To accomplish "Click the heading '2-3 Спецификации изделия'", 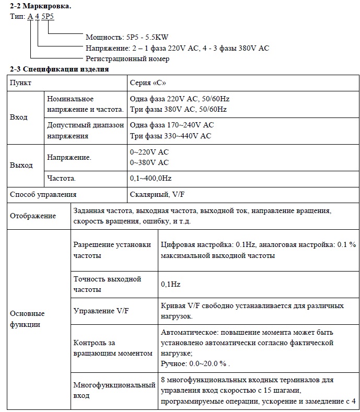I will click(60, 69).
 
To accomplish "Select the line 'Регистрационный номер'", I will click(127, 58).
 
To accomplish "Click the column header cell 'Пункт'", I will click(21, 83).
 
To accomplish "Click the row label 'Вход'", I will click(19, 117).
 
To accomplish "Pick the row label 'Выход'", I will click(21, 165).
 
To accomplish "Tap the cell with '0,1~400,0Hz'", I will click(150, 178).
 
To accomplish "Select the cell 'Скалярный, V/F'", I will click(156, 194).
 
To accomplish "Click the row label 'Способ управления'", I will click(43, 194).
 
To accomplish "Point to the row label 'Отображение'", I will click(33, 216).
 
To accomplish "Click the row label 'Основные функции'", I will click(28, 319).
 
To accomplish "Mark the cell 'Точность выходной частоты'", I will click(107, 284).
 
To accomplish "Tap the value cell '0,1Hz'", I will click(170, 285).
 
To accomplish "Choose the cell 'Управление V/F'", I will click(101, 311).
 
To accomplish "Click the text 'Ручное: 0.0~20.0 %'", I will click(195, 363).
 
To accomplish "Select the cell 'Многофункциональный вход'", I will click(114, 390).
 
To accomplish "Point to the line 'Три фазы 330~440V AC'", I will click(170, 136).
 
